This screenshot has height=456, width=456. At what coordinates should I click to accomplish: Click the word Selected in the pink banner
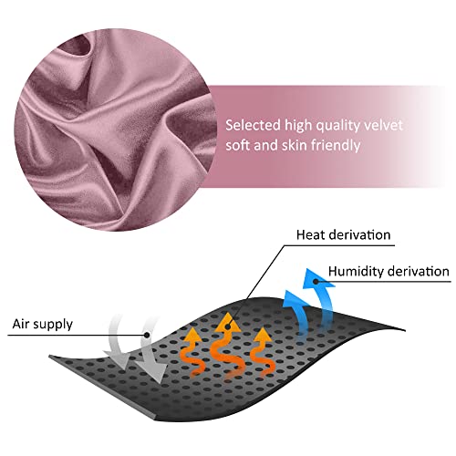point(253,125)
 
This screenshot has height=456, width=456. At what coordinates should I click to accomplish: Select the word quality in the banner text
point(337,126)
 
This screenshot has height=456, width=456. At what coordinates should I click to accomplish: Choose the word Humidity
point(356,272)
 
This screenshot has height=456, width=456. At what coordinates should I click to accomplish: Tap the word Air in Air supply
point(21,324)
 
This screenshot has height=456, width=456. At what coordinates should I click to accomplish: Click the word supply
point(53,325)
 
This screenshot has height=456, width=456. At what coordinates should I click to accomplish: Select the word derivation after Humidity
point(419,271)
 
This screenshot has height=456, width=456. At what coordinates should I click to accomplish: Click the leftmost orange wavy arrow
point(192,351)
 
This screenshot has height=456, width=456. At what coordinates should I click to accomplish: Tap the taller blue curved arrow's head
point(317,279)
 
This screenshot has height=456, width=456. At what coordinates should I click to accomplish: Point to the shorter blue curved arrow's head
point(295,299)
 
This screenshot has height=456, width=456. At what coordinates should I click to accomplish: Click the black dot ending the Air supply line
point(147,335)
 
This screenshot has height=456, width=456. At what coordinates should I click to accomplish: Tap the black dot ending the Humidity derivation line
point(316,282)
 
